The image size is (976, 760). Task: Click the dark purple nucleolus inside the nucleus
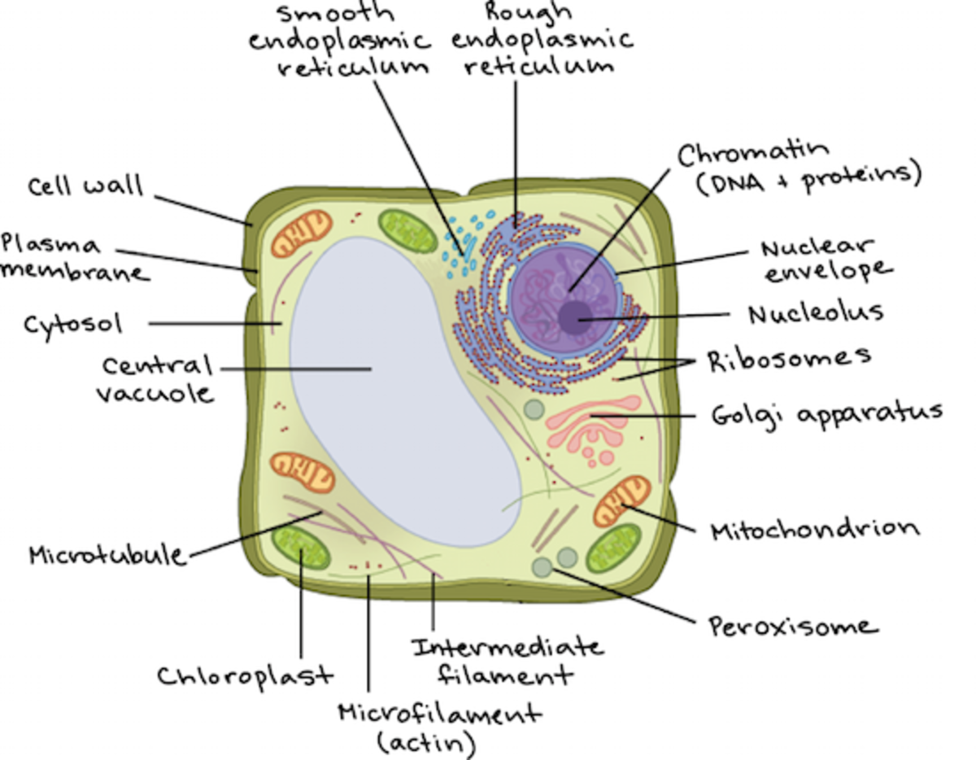(x=575, y=317)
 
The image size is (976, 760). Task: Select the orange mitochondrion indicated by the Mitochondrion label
(x=623, y=501)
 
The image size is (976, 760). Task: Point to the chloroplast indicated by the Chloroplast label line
(x=300, y=548)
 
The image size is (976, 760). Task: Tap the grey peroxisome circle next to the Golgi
(x=534, y=409)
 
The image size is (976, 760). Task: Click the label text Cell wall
(x=85, y=186)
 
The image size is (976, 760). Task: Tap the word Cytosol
(x=72, y=325)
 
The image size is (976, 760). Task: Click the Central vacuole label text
(x=155, y=378)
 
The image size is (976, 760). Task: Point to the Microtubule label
(x=107, y=556)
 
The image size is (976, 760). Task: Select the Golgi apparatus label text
(x=826, y=413)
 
